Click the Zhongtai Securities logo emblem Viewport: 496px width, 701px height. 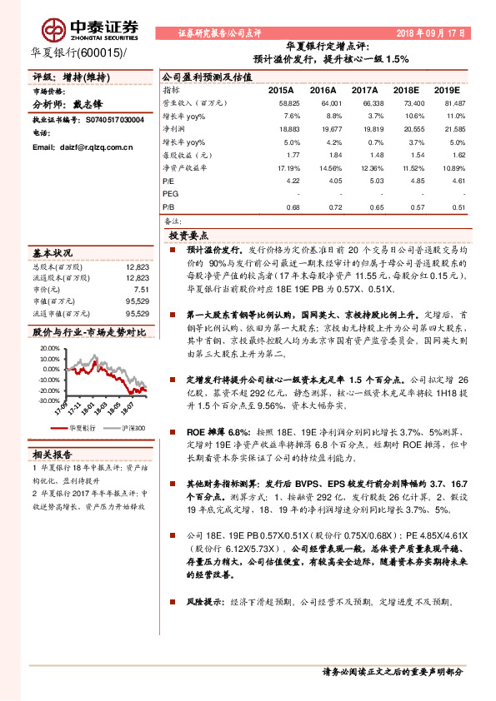(56, 30)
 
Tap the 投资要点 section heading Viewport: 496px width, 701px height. (188, 236)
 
